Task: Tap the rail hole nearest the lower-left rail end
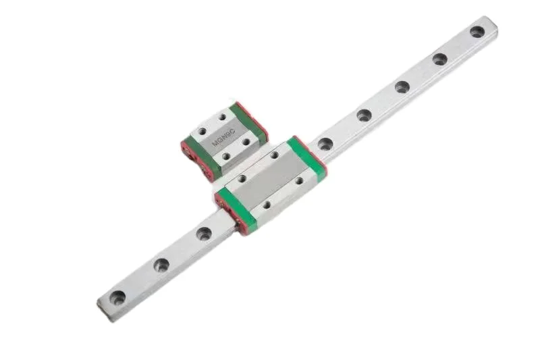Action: [118, 296]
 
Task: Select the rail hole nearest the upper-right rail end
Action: [477, 31]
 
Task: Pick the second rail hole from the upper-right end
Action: [439, 59]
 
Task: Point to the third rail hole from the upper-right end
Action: [402, 86]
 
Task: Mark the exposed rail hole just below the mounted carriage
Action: [204, 233]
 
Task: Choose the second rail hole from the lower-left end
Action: [161, 265]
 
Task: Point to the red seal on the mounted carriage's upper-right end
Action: [317, 154]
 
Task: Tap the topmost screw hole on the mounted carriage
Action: [274, 155]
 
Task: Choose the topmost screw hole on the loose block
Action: [222, 117]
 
